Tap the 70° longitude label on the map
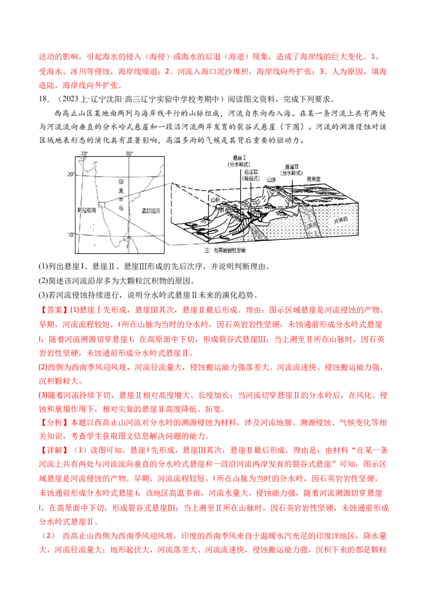(x=84, y=154)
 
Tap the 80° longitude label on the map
(x=129, y=154)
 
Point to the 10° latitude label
(x=70, y=234)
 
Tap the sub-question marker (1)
(x=44, y=267)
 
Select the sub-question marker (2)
(x=44, y=281)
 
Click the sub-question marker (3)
(x=44, y=295)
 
